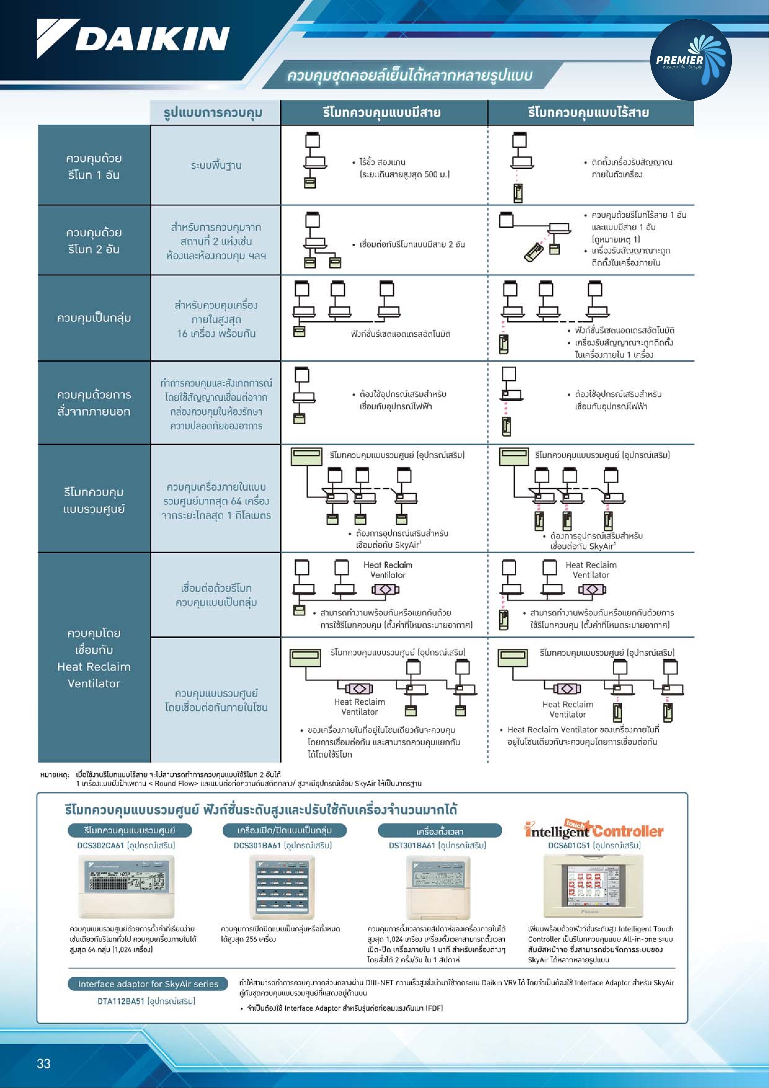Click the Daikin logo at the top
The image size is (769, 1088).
click(133, 38)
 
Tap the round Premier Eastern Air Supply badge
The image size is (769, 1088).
click(691, 60)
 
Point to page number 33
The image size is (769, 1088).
click(44, 1063)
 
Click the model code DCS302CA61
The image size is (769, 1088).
click(100, 845)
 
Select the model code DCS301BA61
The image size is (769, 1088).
click(257, 845)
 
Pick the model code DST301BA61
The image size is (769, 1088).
click(412, 845)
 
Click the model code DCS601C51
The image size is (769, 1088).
click(569, 845)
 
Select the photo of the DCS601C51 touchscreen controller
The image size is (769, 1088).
click(593, 886)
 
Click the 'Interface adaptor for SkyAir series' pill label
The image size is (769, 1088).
click(148, 984)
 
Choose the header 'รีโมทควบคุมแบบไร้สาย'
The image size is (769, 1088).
click(589, 112)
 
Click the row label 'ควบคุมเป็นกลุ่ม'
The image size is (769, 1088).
click(94, 318)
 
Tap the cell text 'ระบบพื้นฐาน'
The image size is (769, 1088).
click(216, 165)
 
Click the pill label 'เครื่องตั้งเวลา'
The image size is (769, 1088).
click(440, 831)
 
